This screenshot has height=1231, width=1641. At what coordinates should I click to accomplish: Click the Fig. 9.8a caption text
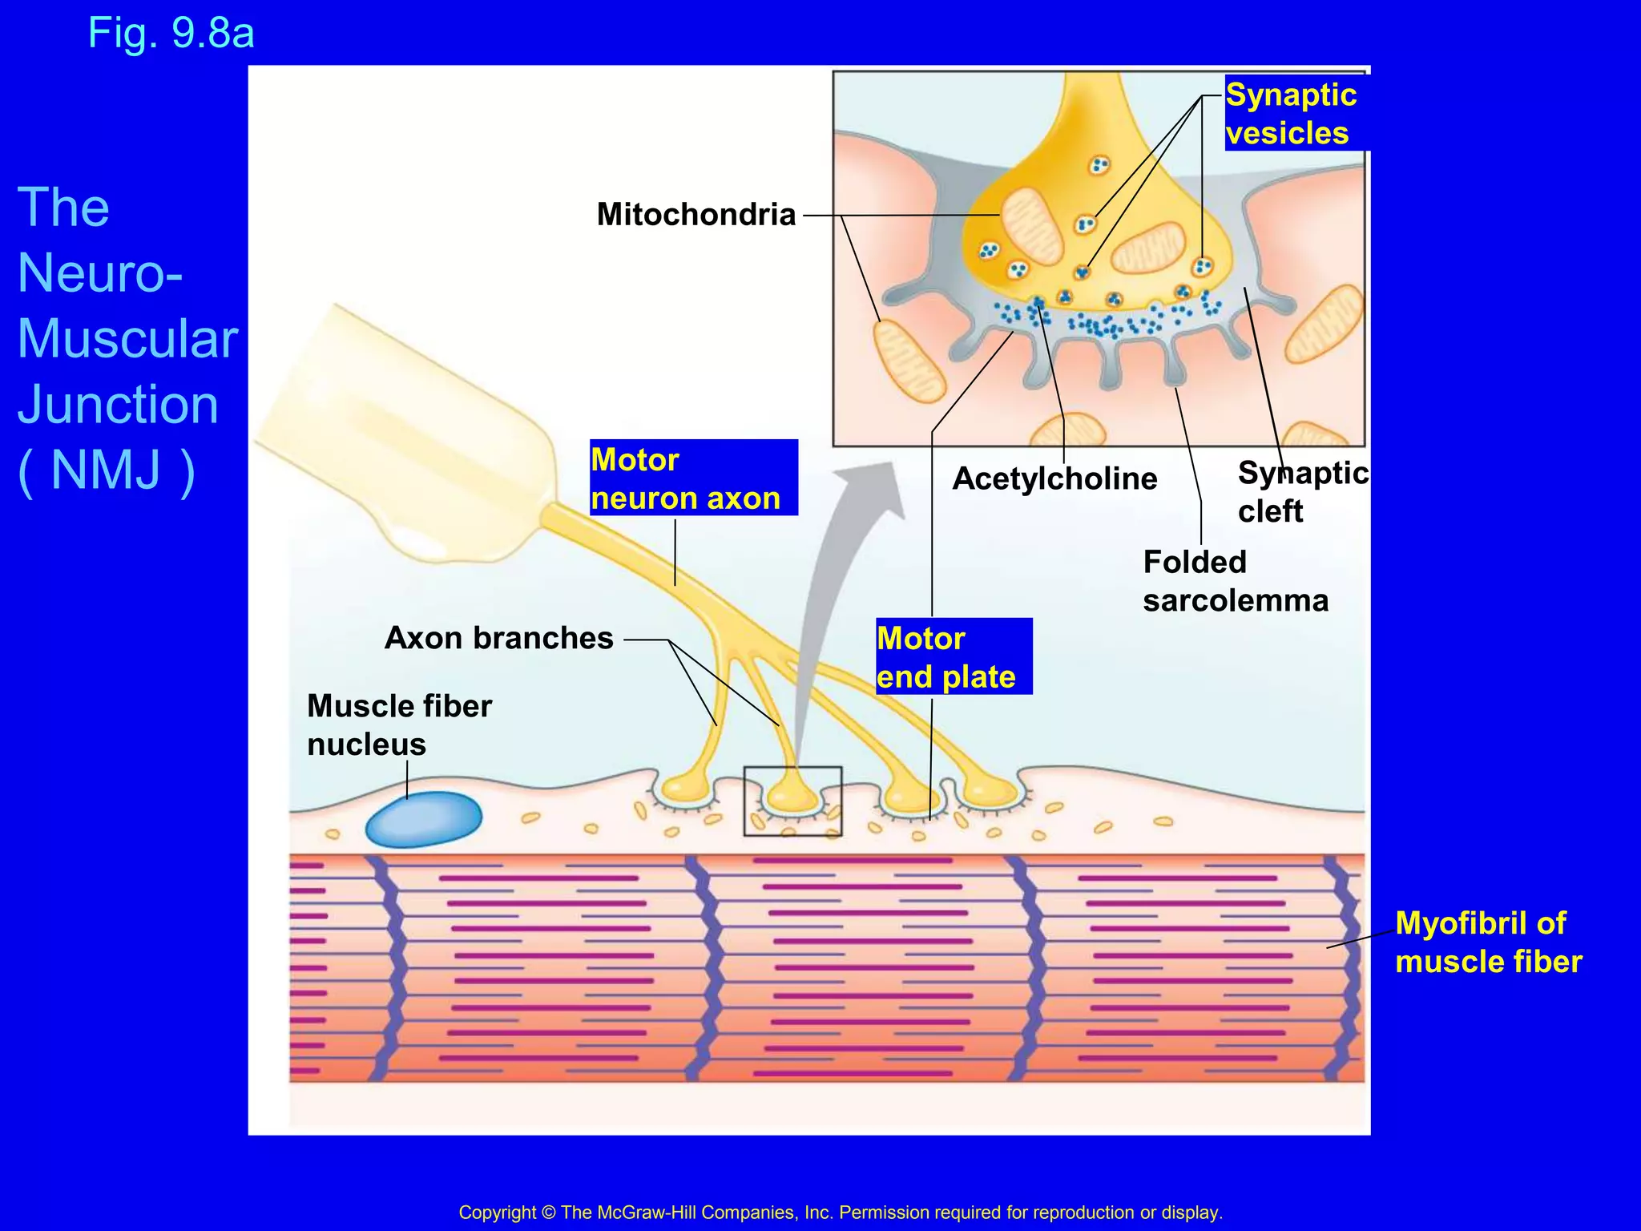point(171,34)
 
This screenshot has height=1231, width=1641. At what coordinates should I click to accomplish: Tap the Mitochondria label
point(696,215)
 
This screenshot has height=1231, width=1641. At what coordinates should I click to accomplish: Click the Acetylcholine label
point(1054,479)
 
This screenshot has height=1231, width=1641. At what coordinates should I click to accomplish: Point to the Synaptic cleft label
point(1302,492)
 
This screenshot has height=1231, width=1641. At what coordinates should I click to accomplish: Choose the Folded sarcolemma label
point(1235,581)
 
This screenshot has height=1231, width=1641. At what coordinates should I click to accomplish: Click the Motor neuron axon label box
point(693,478)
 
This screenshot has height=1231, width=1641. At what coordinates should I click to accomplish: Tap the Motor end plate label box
point(953,657)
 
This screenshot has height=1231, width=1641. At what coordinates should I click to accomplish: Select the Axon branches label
point(498,639)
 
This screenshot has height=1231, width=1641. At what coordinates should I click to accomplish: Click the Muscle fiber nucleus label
point(399,725)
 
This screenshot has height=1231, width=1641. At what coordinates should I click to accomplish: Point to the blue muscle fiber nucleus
point(423,819)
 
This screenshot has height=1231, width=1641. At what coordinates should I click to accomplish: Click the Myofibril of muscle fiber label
point(1488,942)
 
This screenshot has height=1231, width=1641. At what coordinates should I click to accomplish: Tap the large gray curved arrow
point(833,577)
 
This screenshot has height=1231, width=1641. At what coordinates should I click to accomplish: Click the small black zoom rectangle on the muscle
point(792,801)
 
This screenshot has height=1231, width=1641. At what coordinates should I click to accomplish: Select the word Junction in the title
point(118,405)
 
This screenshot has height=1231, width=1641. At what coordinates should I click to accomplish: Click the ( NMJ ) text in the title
point(106,470)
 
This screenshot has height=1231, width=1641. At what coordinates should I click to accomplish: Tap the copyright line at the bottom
point(840,1213)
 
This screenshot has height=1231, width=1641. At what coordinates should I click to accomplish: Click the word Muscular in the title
point(127,339)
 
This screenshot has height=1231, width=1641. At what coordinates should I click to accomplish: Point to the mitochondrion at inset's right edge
point(1324,325)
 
